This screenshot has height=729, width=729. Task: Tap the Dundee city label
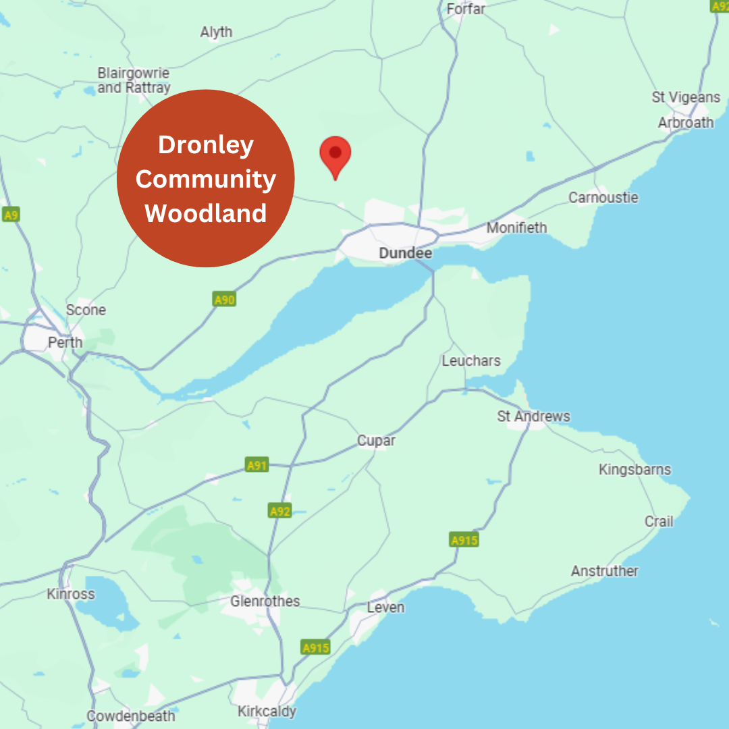[x=405, y=253]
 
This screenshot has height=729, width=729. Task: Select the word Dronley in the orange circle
[x=205, y=145]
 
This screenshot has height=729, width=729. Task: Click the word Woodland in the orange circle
[x=205, y=213]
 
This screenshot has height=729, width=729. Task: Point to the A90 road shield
[x=224, y=299]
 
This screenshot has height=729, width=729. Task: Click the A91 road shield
[x=256, y=465]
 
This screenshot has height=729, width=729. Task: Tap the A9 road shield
[x=10, y=215]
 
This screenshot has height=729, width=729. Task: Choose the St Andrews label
[x=533, y=416]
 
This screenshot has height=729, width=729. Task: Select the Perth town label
[x=65, y=342]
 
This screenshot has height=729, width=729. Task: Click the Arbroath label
[x=685, y=122]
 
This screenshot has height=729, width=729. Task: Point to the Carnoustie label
[x=603, y=198]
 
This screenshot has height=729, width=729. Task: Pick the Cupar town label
[x=376, y=441]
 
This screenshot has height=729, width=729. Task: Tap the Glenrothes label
[x=265, y=601]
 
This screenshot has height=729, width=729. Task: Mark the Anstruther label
[x=604, y=571]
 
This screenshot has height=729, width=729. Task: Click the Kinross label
[x=71, y=594]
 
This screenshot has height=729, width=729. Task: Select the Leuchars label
[x=470, y=360]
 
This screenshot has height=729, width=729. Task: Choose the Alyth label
[x=216, y=32]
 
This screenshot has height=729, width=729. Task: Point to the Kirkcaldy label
[x=267, y=711]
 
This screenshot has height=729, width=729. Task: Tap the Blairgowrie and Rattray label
[x=134, y=80]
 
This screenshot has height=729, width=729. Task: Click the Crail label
[x=659, y=521]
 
